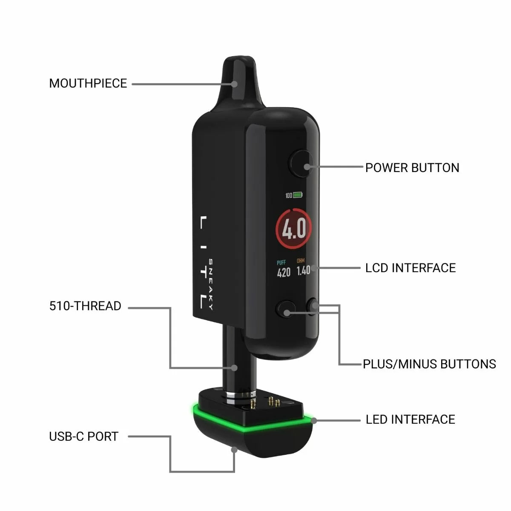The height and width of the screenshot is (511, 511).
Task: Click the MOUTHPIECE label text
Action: click(88, 83)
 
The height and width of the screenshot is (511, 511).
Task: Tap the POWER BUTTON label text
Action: click(412, 168)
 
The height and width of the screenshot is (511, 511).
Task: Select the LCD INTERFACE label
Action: click(411, 268)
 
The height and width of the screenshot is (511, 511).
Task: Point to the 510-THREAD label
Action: click(85, 306)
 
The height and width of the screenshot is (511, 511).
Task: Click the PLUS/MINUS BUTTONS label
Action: click(429, 364)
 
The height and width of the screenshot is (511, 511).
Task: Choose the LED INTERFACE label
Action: click(411, 419)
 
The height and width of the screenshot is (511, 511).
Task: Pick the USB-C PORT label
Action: click(83, 436)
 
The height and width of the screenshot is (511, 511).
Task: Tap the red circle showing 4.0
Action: click(294, 229)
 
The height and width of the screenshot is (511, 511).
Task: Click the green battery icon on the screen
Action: click(298, 195)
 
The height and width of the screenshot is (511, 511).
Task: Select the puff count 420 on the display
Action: click(284, 273)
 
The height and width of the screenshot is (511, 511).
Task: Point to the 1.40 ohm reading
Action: click(303, 270)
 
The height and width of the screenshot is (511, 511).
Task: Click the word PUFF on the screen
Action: click(281, 263)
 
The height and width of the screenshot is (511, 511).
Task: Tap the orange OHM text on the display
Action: click(301, 261)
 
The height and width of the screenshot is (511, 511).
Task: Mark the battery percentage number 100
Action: click(289, 195)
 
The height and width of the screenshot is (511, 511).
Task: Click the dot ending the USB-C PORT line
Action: click(234, 449)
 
